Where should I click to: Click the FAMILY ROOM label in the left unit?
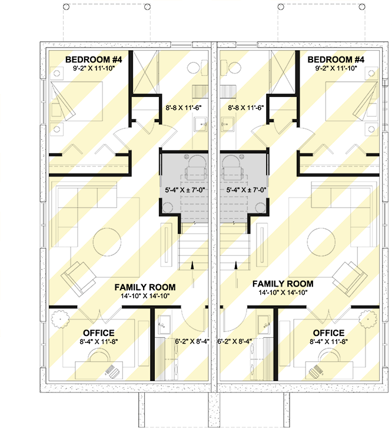(x=145, y=287)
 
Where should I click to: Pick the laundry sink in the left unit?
(x=164, y=322)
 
